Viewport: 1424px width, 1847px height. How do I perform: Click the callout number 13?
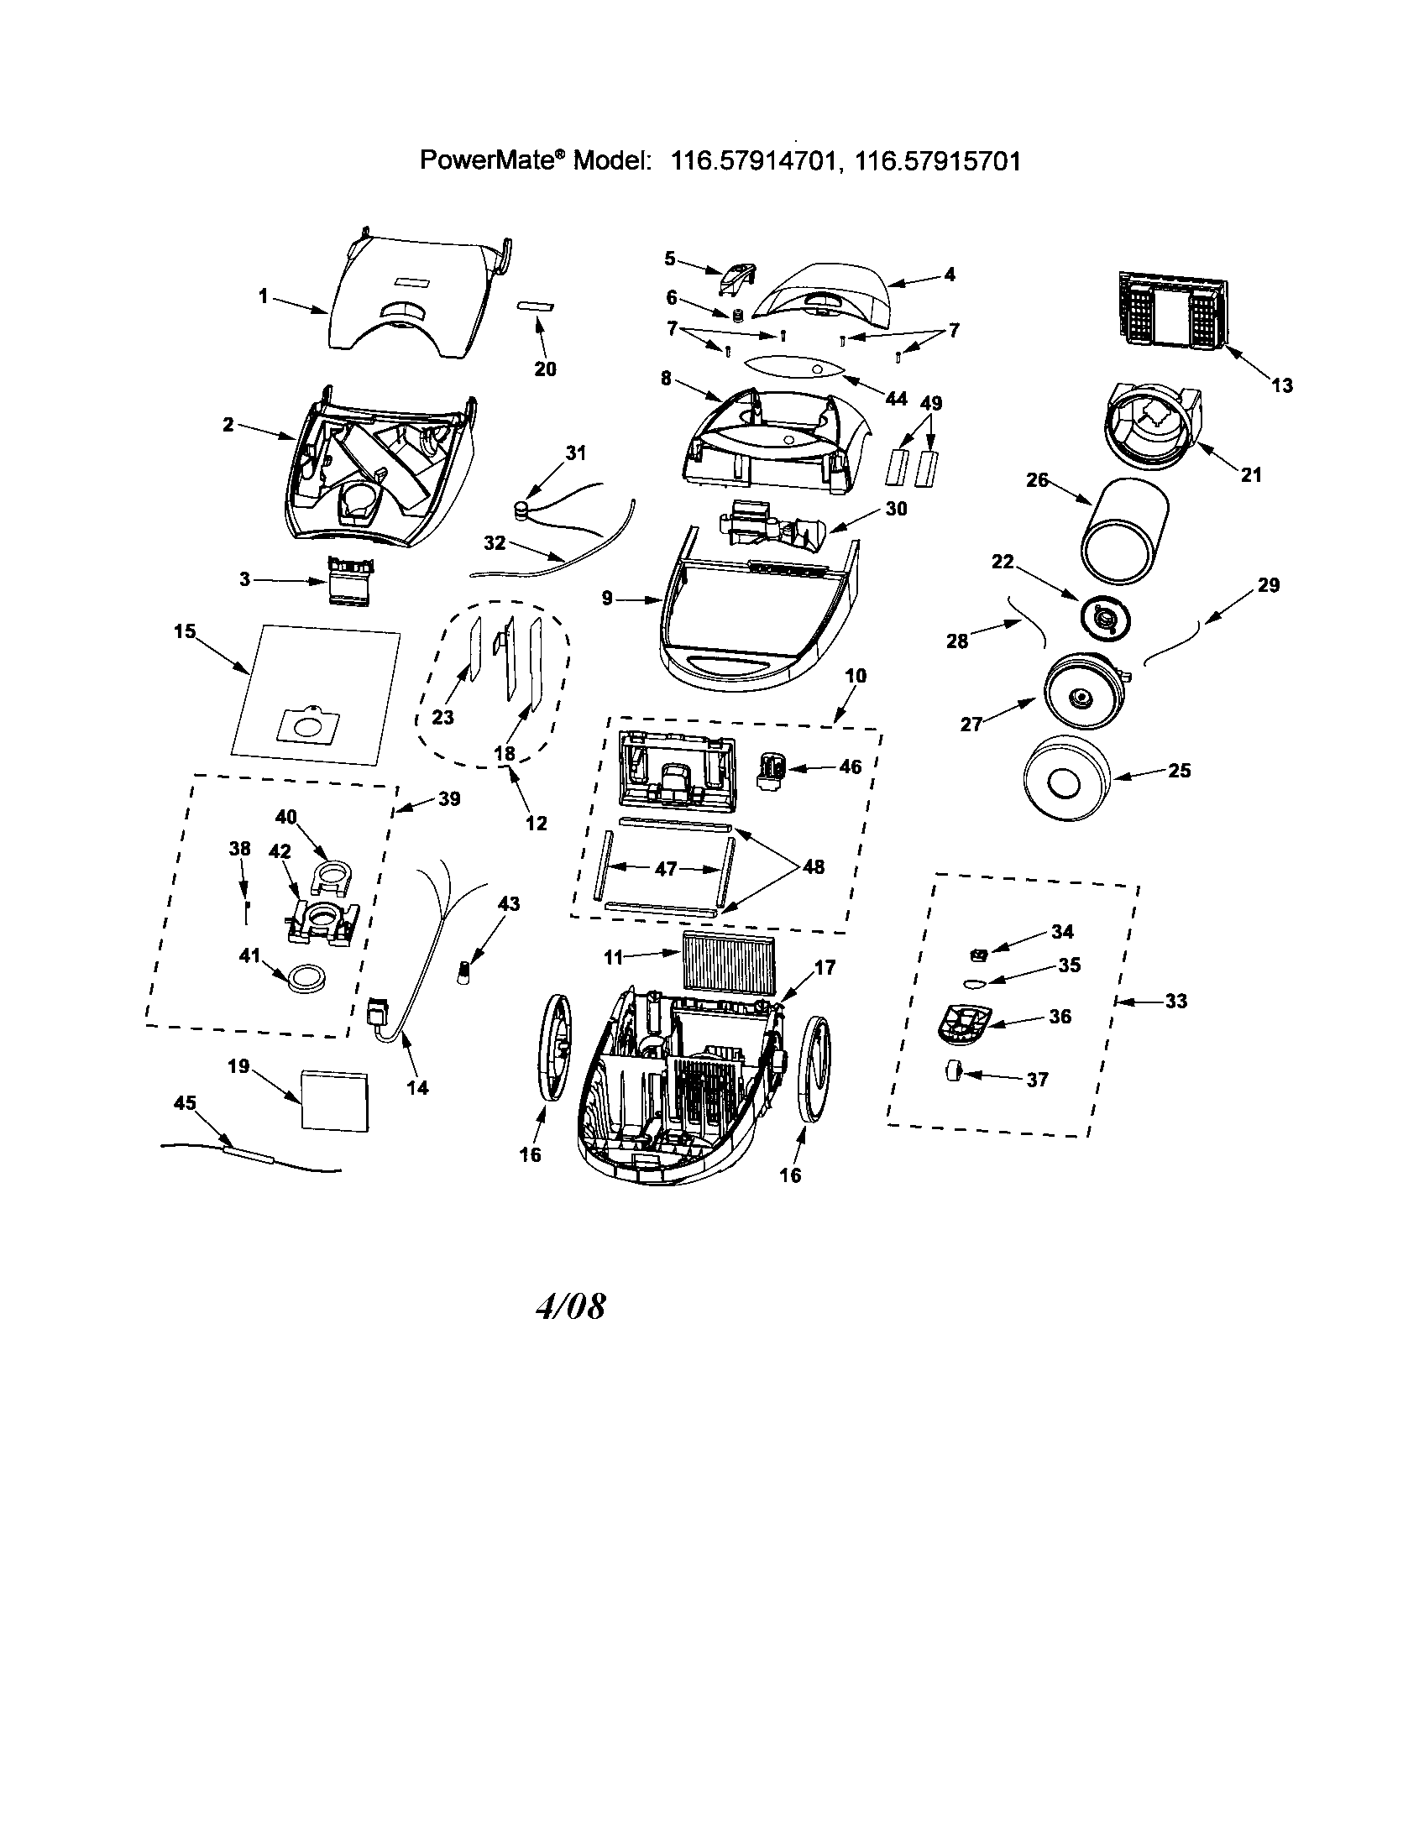1281,385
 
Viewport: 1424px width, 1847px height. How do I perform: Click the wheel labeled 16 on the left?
554,1048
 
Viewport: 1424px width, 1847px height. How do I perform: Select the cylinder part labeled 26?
1125,528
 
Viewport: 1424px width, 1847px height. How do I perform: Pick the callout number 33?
1175,1001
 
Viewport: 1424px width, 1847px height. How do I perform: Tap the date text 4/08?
571,1306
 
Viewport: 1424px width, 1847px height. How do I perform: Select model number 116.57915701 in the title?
938,160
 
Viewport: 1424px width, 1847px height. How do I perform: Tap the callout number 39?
449,798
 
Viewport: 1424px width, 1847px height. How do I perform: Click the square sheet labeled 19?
335,1099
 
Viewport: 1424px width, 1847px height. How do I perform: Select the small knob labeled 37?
954,1070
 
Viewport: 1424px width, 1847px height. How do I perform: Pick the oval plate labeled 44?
796,369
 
